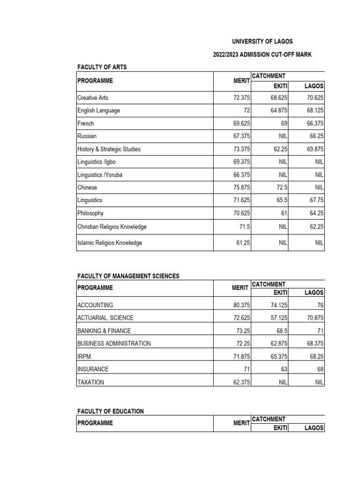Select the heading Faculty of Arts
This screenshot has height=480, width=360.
(102, 67)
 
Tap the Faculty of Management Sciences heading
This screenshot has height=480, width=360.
(128, 276)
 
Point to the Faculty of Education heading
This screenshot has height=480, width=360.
(110, 411)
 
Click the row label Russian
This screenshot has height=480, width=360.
(87, 136)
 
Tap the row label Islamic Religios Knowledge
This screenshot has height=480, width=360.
(109, 243)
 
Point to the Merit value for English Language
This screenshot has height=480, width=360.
(247, 111)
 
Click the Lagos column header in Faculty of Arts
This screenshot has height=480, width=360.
(314, 86)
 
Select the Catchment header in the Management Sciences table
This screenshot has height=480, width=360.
(269, 285)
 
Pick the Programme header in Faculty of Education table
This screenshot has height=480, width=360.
(95, 423)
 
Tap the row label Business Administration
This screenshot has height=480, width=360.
(114, 344)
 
